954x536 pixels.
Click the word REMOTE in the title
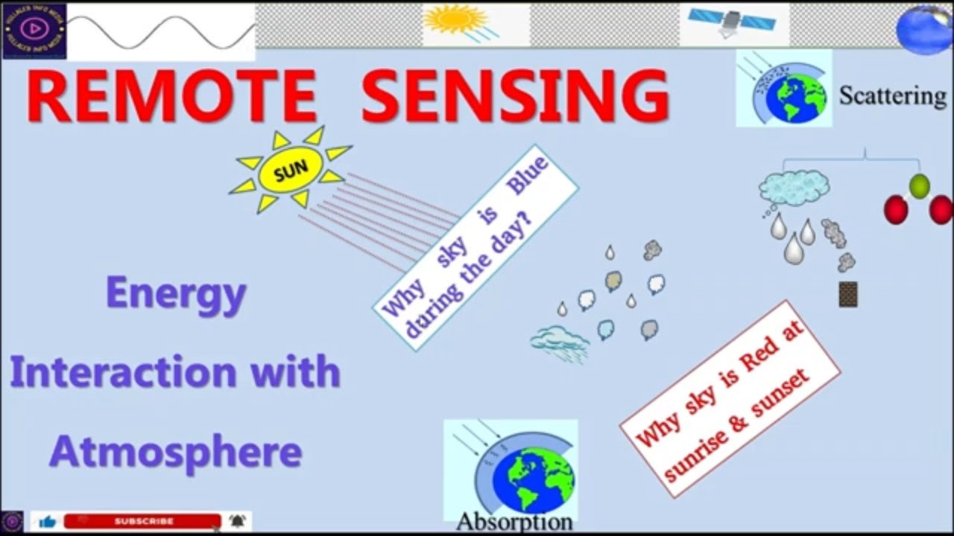172,97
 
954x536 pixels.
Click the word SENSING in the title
515,97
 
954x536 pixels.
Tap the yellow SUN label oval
291,172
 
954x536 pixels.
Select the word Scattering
892,95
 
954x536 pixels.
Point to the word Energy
176,295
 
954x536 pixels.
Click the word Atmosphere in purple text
176,451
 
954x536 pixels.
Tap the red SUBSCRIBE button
143,521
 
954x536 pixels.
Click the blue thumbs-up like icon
47,522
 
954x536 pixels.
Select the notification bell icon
237,521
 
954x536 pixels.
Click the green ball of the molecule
920,186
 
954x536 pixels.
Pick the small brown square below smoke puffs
847,295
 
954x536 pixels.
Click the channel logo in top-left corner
34,30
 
